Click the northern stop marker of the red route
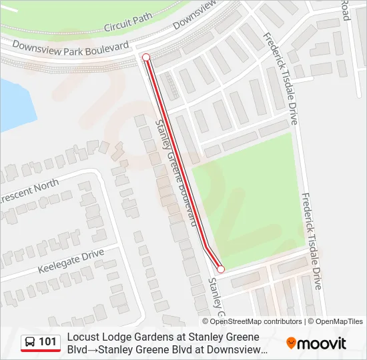146,58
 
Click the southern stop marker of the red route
221,269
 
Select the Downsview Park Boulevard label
70,47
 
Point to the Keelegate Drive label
71,257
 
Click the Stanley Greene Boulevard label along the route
177,172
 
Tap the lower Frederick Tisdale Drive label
312,241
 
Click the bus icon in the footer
31,342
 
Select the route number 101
48,342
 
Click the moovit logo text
322,343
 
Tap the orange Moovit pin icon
291,343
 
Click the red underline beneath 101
41,351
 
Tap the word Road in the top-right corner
346,9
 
